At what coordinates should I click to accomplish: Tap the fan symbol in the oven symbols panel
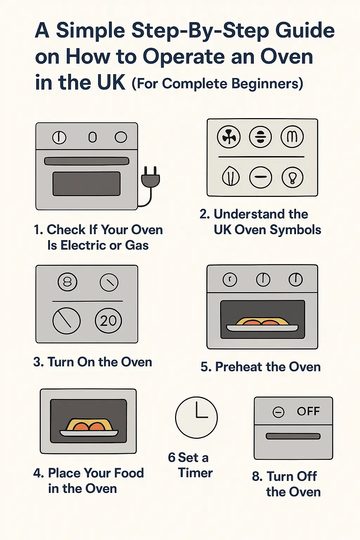tap(229, 137)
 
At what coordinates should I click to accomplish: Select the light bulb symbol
tap(292, 177)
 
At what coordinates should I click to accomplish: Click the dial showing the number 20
tap(108, 321)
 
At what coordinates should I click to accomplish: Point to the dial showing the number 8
tap(67, 282)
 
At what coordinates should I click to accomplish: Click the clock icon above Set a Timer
tap(197, 418)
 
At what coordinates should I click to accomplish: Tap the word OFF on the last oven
tap(308, 411)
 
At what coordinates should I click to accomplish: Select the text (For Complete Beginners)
tap(217, 84)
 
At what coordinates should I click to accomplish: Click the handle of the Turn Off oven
tap(293, 436)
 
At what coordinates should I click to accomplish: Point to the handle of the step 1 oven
tap(86, 161)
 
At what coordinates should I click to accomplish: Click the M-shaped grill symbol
tap(292, 137)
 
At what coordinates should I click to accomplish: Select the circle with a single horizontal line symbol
tap(261, 177)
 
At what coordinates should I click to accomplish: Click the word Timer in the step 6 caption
tap(195, 473)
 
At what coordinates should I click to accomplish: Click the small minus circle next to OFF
tap(278, 412)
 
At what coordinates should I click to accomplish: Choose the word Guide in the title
tap(305, 31)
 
